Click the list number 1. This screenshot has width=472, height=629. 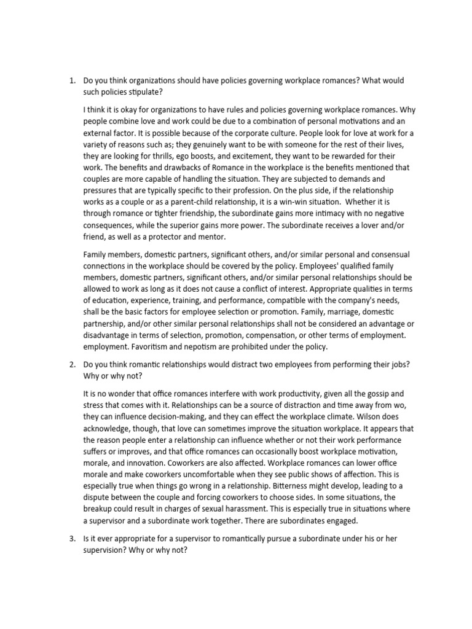pos(71,81)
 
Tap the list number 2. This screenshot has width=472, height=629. pos(71,364)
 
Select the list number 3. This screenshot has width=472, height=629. pos(71,538)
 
